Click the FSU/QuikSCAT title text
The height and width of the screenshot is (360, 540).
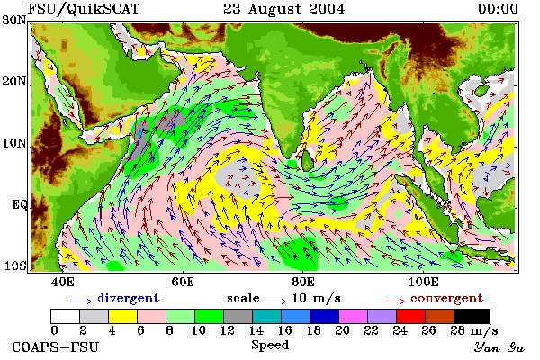84,9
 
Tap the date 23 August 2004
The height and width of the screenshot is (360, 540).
284,9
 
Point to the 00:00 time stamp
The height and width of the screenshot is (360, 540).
498,9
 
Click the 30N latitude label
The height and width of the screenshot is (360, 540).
14,20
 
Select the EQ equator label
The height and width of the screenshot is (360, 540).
19,205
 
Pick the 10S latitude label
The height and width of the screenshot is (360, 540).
14,266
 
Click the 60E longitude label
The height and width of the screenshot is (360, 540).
183,283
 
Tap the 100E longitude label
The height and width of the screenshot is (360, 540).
424,283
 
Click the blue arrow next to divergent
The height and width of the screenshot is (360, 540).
81,301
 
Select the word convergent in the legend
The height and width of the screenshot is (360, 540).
447,298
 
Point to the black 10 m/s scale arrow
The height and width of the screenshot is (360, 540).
275,301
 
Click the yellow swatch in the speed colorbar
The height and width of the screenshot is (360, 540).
123,316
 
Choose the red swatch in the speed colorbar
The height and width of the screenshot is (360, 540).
411,316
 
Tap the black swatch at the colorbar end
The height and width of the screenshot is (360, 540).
472,316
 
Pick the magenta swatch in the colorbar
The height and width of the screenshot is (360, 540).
354,316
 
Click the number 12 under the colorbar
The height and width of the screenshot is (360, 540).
227,330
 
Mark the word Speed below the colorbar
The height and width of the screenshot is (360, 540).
270,346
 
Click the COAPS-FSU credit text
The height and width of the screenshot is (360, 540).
56,347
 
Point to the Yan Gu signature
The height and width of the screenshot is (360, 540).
499,347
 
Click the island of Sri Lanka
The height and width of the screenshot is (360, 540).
308,161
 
